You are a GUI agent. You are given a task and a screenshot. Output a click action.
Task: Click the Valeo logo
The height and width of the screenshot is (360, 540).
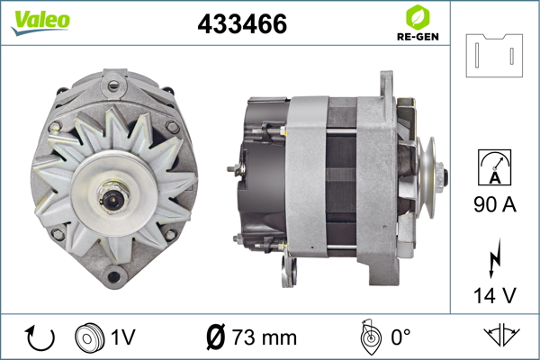(40, 22)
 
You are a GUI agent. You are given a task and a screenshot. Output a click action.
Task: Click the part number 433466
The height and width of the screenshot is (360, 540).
(242, 23)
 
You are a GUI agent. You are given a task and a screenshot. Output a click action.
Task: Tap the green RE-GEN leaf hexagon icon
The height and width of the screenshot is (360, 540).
(418, 17)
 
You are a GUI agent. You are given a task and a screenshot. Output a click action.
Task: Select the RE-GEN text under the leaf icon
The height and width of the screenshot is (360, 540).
(418, 37)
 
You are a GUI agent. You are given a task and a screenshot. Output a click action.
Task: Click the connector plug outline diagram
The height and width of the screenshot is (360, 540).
(494, 55)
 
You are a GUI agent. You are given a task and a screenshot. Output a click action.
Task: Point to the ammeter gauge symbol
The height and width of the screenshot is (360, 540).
(494, 167)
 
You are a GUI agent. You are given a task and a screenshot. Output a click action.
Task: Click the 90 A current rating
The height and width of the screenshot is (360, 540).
(495, 204)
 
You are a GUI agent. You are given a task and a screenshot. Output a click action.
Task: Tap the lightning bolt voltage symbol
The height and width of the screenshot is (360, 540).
(494, 258)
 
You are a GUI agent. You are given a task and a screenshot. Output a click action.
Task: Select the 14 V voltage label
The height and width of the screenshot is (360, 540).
(495, 295)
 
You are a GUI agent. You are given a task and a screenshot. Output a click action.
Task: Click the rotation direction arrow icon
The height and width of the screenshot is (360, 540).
(40, 338)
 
